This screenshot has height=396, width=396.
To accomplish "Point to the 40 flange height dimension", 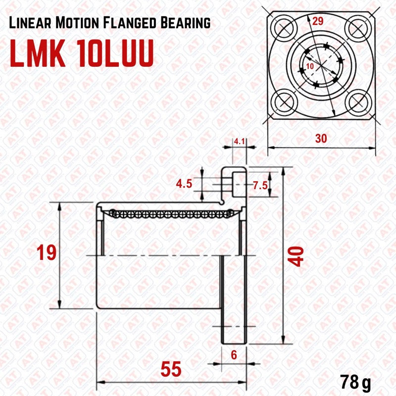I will click(296, 256).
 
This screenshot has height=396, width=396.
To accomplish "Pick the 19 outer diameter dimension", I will click(47, 252).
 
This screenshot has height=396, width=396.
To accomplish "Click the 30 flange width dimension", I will click(321, 139).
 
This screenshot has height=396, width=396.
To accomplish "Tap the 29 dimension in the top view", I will click(318, 21).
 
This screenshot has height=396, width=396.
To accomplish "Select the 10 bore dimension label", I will click(310, 65).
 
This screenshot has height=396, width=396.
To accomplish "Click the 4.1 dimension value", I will click(240, 142).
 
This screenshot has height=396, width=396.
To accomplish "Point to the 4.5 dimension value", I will click(184, 184).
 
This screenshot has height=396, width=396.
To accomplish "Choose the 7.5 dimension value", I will click(260, 186).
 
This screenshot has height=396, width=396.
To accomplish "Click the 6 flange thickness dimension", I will click(234, 354).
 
